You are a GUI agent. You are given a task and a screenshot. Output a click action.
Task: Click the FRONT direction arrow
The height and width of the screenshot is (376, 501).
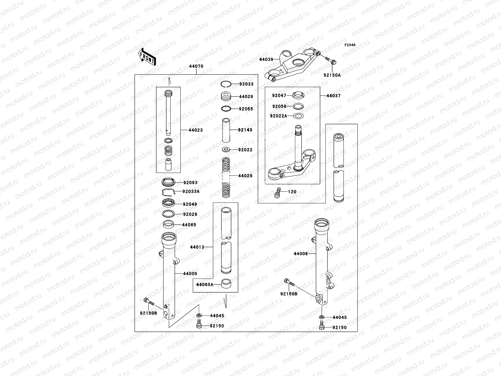147,57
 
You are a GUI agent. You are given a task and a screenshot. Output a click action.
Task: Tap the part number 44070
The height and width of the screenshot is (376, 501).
196,66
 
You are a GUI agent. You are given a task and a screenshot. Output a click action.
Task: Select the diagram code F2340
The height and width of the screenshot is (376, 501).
350,45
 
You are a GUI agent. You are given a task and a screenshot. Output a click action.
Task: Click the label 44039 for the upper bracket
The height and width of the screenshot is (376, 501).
266,59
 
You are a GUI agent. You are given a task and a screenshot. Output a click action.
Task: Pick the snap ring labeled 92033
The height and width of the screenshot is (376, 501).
226,84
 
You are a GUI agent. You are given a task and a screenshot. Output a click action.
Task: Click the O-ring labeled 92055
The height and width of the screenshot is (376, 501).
226,109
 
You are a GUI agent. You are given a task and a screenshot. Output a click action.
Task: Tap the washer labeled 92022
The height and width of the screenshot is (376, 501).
226,149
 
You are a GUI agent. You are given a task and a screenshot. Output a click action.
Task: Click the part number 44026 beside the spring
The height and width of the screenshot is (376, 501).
245,176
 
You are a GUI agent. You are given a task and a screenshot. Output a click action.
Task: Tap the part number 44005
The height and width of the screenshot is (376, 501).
190,274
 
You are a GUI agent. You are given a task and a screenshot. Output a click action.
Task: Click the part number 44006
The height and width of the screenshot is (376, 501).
301,253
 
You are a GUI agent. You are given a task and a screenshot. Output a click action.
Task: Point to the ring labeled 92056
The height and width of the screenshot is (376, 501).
299,106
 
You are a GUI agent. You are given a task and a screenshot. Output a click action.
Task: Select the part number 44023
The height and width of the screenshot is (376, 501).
195,130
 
